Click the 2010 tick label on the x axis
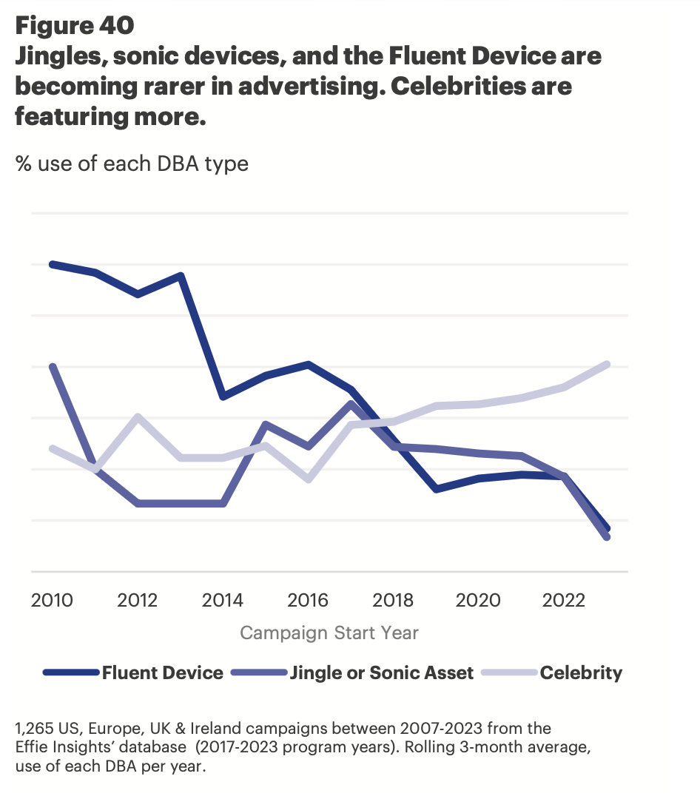[52, 598]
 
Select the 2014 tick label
[223, 598]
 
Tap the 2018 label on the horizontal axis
[394, 598]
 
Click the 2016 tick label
[309, 598]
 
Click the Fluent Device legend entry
[162, 672]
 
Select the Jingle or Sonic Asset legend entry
[381, 672]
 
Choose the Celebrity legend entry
[580, 672]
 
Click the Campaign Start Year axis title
[329, 633]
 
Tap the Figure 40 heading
[75, 26]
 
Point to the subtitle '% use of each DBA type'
[132, 163]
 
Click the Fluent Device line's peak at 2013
[181, 277]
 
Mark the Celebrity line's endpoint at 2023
[607, 364]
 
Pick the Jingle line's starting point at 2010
[52, 366]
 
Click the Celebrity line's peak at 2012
[138, 416]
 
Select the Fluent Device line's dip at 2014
[223, 397]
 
